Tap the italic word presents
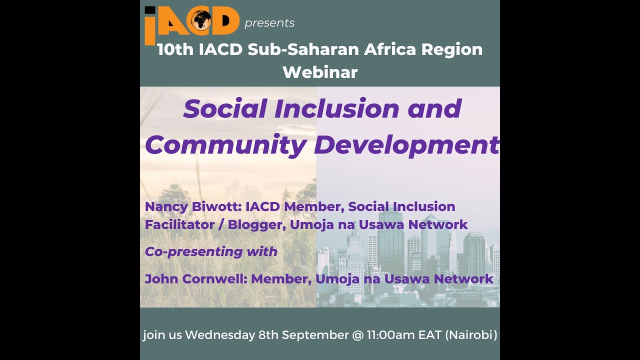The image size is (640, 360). click(269, 23)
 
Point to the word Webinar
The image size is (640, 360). click(320, 72)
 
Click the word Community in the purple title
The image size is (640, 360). click(225, 145)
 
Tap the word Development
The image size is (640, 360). click(406, 145)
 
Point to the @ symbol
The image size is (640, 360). click(357, 334)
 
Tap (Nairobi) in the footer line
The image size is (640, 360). click(471, 334)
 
